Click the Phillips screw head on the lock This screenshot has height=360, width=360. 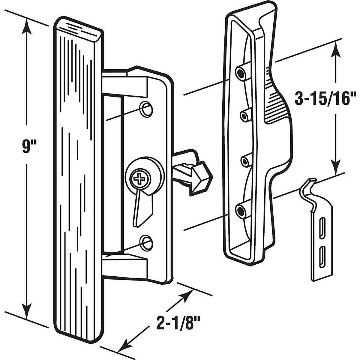(x=139, y=179)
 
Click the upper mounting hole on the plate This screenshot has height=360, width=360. (x=146, y=109)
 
